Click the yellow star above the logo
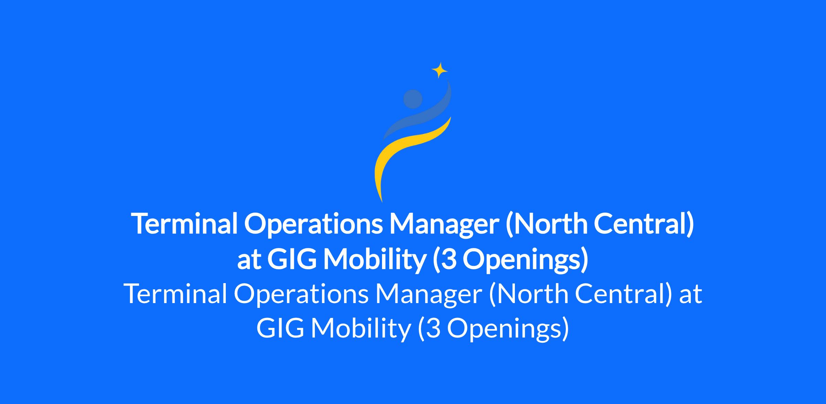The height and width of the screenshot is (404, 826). (440, 71)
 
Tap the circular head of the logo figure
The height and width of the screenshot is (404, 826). (413, 99)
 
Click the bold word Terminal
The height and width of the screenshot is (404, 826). (184, 224)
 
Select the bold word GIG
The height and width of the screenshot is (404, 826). (292, 260)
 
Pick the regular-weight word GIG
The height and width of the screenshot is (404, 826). (280, 329)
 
